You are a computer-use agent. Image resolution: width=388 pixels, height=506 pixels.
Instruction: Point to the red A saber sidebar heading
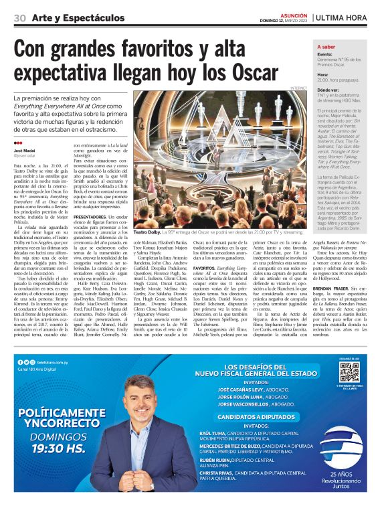pyautogui.click(x=326, y=48)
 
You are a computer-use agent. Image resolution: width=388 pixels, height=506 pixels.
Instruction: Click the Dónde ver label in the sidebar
pyautogui.click(x=328, y=89)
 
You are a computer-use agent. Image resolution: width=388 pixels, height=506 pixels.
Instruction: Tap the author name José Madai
pyautogui.click(x=25, y=152)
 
